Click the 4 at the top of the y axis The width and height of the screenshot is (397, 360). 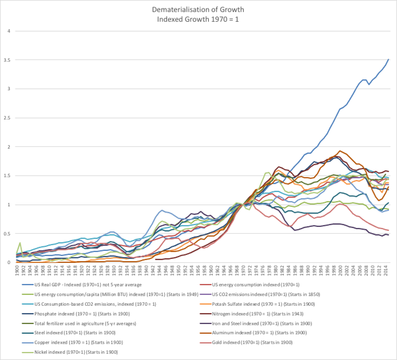click(x=8, y=31)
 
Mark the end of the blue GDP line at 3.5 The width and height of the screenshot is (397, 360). click(x=389, y=59)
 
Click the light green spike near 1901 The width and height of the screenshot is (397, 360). click(x=20, y=243)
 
